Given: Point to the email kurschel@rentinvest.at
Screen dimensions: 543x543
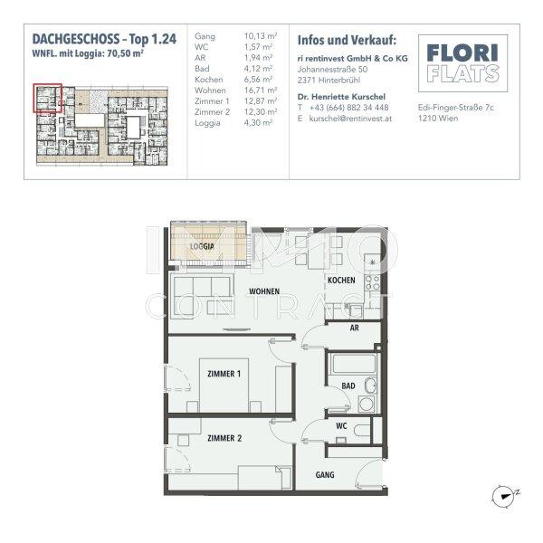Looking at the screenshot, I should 349,118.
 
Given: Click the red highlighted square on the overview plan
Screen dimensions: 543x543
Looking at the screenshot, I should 47,98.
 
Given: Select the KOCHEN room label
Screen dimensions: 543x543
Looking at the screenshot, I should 341,281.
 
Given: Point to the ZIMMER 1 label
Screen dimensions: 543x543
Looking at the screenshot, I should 224,374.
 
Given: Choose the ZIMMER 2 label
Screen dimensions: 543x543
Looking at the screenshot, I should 224,438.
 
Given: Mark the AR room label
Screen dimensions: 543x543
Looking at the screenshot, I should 355,329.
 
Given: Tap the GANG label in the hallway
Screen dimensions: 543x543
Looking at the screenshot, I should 325,474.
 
